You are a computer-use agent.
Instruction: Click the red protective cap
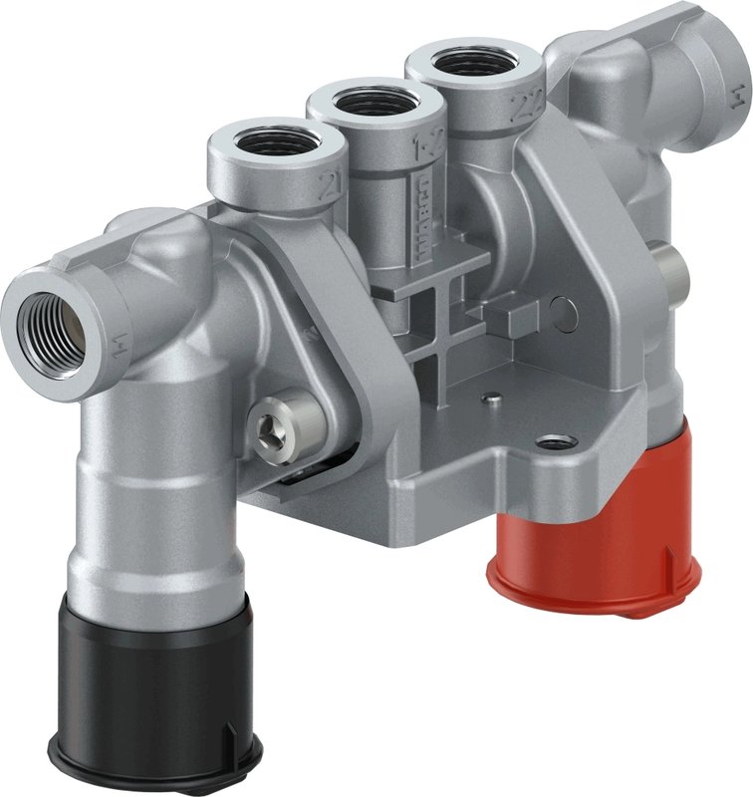595,538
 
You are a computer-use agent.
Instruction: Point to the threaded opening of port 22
473,63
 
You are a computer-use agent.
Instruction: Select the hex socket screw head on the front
284,424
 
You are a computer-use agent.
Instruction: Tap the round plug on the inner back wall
564,313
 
